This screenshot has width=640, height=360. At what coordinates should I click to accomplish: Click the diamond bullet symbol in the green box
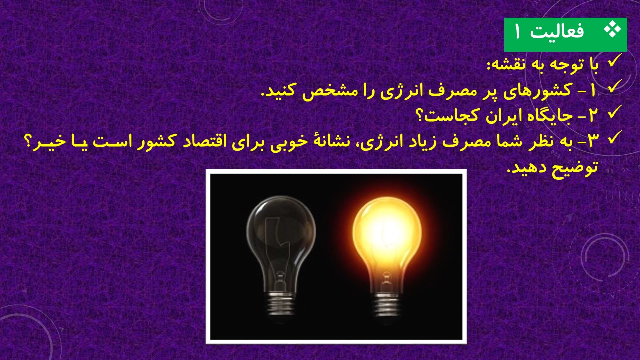tap(613, 30)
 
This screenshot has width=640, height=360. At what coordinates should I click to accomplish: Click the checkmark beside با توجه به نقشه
tap(615, 61)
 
